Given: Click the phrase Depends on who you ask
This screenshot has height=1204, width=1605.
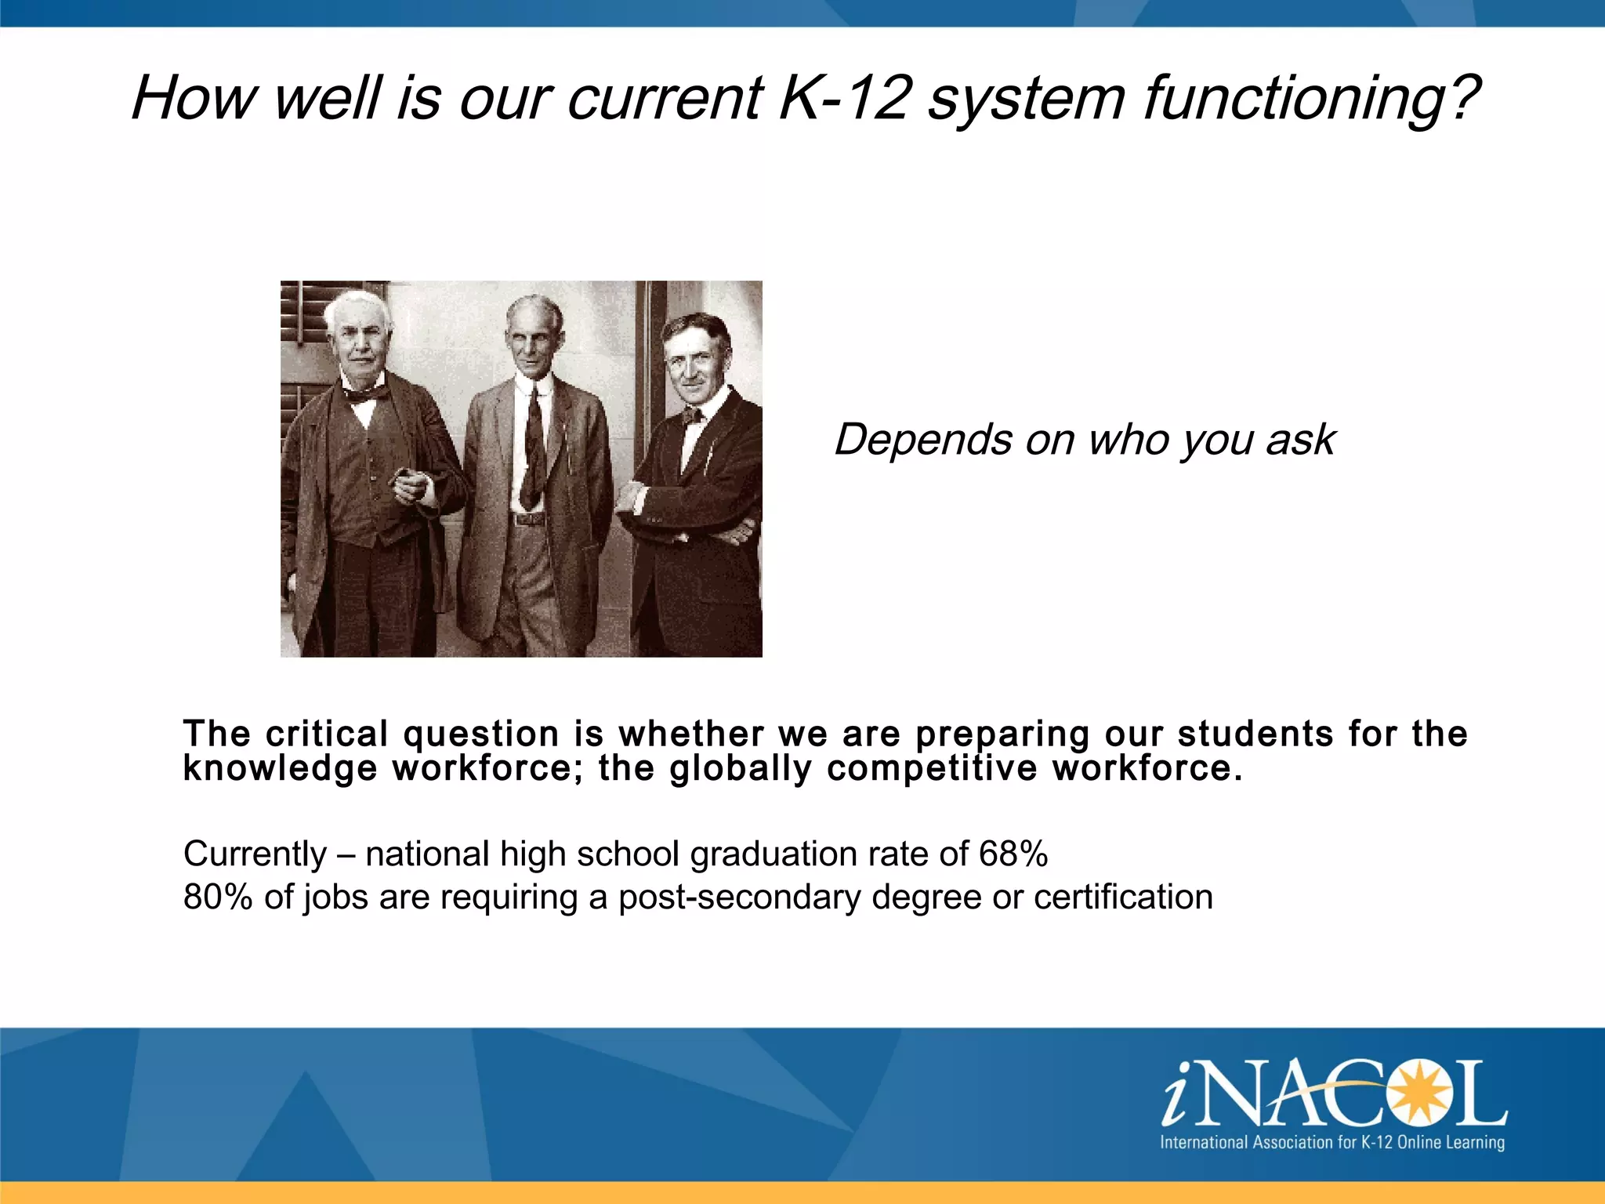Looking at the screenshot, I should (1084, 439).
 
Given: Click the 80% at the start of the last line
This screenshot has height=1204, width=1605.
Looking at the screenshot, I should (218, 897).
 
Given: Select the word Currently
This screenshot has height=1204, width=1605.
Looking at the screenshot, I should (255, 854).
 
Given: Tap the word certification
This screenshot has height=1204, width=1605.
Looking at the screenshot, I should (1122, 897).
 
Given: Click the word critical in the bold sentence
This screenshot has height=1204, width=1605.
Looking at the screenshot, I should (327, 734).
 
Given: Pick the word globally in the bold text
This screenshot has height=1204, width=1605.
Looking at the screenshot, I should (740, 769).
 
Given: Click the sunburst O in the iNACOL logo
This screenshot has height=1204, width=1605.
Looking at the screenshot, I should (1416, 1091).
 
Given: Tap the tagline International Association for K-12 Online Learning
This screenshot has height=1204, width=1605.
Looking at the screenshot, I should (1331, 1142).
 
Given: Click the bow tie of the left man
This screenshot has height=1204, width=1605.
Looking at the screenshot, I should (365, 394).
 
